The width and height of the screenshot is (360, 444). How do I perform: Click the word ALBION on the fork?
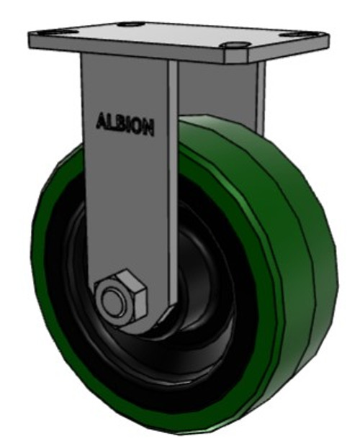coord(125,124)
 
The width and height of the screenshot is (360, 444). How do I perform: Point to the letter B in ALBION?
coord(121,124)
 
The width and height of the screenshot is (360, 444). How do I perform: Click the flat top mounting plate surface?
coord(173,35)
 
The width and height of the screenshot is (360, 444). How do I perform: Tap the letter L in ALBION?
coord(112,122)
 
